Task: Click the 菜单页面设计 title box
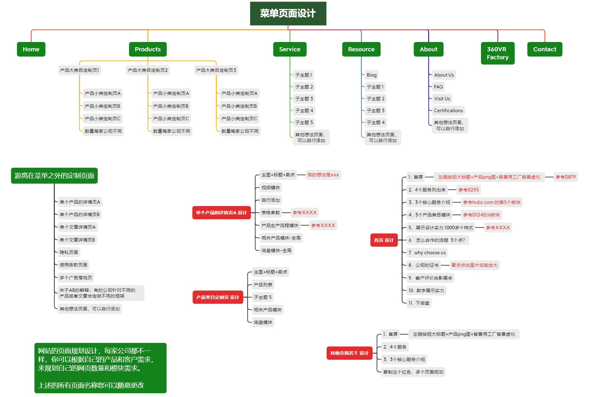(288, 13)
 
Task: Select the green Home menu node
(31, 49)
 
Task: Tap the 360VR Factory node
(498, 53)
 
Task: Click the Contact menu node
(544, 49)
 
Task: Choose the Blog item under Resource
(371, 75)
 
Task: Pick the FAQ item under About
(438, 87)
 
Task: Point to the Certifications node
(448, 111)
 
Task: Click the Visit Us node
(442, 99)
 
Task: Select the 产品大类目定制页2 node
(148, 70)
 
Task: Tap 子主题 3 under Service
(304, 99)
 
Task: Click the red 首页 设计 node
(384, 240)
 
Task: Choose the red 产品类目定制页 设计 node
(217, 297)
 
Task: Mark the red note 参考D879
(566, 177)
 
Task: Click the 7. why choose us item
(427, 253)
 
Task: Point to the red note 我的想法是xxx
(323, 175)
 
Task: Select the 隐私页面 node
(69, 252)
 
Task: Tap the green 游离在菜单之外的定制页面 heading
(54, 176)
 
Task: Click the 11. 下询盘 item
(419, 303)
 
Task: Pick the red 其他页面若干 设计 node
(349, 353)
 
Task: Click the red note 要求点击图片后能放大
(474, 265)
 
